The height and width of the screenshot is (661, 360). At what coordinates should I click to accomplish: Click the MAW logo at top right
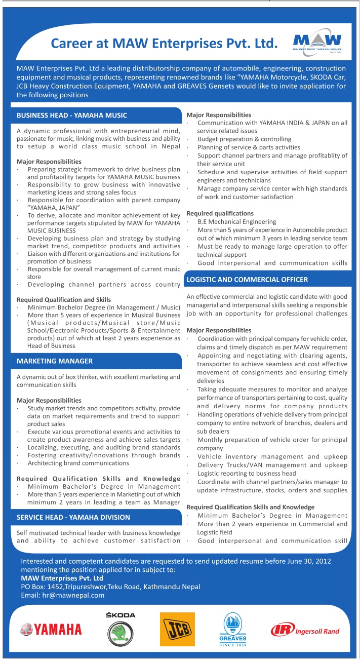coord(317,43)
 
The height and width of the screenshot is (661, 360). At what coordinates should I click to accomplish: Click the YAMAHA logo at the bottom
coord(51,629)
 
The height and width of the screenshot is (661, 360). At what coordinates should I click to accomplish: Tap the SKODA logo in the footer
coord(121,630)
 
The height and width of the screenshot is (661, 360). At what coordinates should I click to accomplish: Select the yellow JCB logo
coord(177,629)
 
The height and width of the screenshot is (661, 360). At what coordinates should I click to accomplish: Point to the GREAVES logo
coord(233,630)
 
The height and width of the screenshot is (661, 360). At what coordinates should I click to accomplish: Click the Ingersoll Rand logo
coord(305,630)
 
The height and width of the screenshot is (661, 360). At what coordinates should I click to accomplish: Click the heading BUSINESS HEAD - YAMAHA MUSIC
coord(72,115)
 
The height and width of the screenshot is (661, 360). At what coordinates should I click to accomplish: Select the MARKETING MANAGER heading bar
coord(55,361)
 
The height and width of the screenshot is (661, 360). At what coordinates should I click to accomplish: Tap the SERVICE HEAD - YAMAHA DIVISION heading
coord(73,517)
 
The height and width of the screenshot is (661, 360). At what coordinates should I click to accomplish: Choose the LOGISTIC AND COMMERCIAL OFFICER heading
coord(247,280)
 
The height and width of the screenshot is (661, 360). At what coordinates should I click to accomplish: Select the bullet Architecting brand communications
coord(78,463)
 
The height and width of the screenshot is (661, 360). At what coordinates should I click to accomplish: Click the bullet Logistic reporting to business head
coord(247,474)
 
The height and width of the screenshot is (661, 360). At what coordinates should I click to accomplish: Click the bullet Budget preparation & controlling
coord(244,139)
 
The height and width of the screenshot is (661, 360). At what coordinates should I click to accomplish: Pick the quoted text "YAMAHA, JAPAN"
coord(53,207)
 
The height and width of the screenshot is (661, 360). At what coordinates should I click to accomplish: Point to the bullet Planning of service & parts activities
coord(249,147)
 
